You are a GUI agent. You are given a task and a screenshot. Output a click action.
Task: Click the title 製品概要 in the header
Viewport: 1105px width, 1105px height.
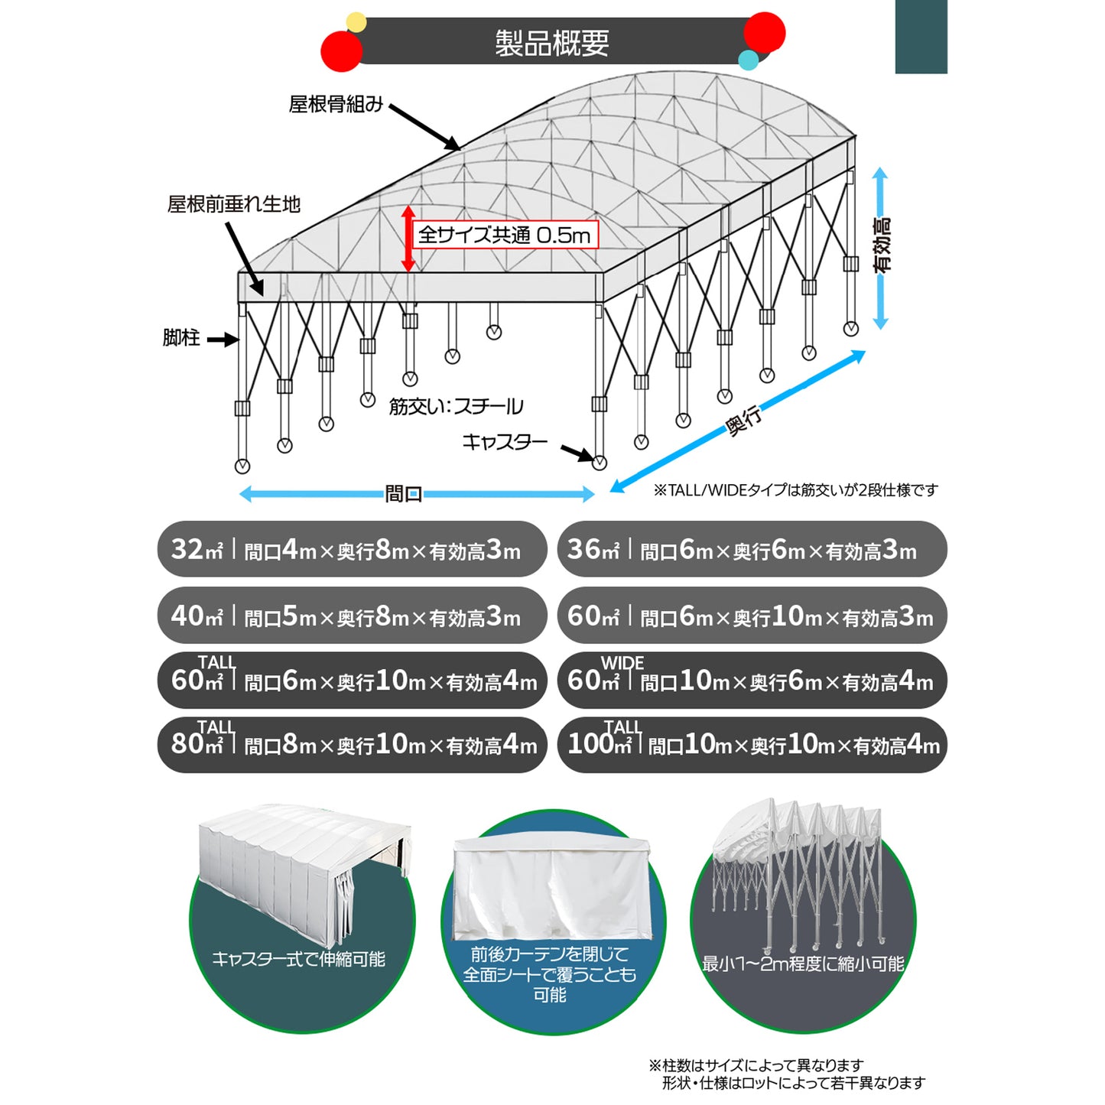click(x=551, y=43)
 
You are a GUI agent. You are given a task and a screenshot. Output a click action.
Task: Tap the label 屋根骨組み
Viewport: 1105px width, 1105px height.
click(x=335, y=104)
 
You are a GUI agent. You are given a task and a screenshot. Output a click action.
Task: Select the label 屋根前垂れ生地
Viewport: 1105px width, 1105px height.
click(x=234, y=204)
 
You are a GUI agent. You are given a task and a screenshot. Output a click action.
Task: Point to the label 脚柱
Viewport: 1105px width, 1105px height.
click(x=181, y=338)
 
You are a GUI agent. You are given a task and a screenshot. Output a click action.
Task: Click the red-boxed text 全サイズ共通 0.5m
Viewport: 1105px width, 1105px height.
click(x=505, y=235)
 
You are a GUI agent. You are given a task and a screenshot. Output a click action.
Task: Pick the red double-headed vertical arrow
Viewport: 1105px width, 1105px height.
click(x=408, y=238)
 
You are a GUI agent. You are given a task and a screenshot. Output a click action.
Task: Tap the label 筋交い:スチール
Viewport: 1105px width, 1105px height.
click(x=456, y=406)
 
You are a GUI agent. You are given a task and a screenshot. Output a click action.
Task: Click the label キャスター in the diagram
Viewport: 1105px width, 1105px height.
click(x=505, y=442)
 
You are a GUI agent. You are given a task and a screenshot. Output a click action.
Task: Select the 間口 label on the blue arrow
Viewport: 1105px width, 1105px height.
click(x=404, y=494)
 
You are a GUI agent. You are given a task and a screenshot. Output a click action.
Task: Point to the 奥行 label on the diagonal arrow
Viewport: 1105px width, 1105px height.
click(x=744, y=421)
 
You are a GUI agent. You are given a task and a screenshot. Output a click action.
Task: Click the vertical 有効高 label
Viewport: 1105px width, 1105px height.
click(x=882, y=245)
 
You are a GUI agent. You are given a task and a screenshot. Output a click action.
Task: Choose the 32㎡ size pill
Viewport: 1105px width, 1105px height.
click(x=352, y=549)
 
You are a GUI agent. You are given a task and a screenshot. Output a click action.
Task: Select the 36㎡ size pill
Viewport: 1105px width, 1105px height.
click(x=752, y=549)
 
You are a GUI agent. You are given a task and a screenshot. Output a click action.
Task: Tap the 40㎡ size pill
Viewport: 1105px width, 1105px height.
click(x=352, y=616)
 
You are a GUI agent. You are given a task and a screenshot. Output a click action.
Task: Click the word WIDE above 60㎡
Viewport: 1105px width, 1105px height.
click(x=622, y=662)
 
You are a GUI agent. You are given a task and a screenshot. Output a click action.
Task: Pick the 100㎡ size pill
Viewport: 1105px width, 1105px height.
click(x=752, y=744)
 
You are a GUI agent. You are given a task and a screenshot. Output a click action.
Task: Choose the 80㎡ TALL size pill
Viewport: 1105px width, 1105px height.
click(x=352, y=744)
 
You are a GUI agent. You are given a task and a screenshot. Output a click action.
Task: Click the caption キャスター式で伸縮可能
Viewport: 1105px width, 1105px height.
click(x=298, y=959)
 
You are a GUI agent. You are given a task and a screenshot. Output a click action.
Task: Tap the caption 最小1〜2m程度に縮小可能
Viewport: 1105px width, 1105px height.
click(x=803, y=964)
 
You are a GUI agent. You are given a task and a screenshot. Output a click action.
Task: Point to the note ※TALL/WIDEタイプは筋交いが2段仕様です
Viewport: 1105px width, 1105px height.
click(x=795, y=490)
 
